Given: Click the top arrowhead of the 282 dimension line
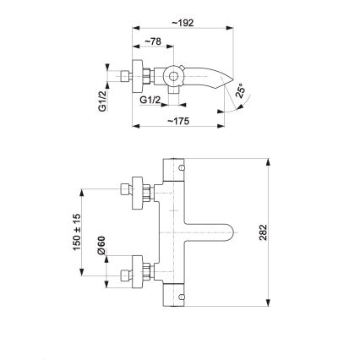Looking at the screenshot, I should (268, 160).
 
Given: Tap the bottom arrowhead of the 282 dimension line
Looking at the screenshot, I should (268, 305).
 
